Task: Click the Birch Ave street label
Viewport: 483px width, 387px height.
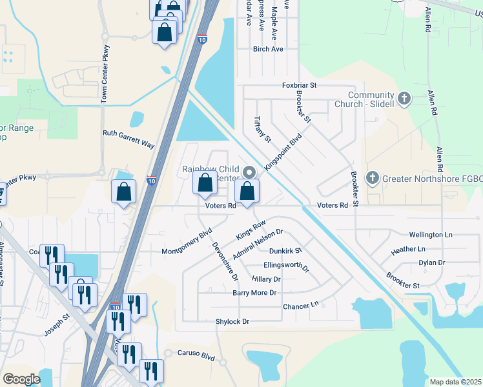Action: click(268, 49)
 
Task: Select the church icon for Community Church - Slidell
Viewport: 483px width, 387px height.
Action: click(404, 99)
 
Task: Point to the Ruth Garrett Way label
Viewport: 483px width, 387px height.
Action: click(128, 140)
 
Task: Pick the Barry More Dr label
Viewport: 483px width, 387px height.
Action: click(254, 293)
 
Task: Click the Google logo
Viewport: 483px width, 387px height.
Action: click(21, 379)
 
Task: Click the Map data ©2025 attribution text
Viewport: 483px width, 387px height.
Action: click(455, 382)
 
